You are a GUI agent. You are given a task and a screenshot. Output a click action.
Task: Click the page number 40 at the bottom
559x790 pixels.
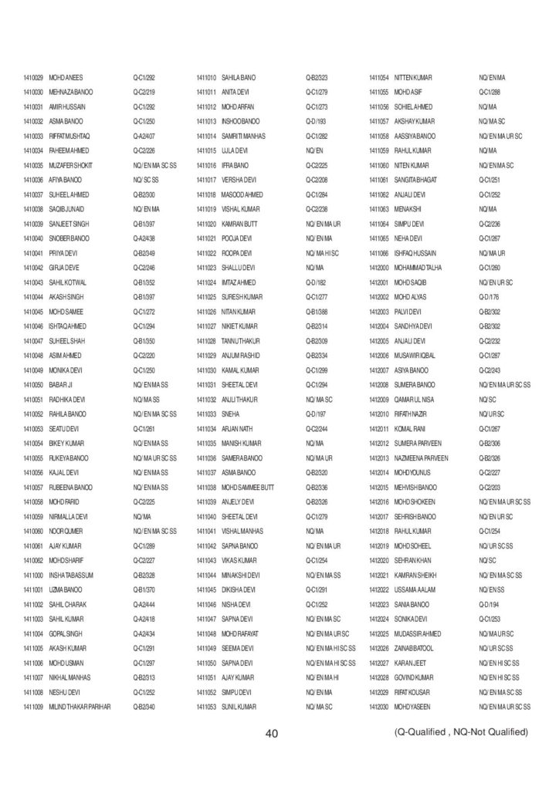pos(271,733)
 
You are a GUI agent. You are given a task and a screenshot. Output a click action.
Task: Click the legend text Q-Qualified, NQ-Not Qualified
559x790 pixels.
pos(460,731)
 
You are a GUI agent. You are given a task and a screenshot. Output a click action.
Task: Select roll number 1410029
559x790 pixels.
pos(32,78)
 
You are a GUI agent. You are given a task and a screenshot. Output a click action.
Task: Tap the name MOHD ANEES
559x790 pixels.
pos(66,78)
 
